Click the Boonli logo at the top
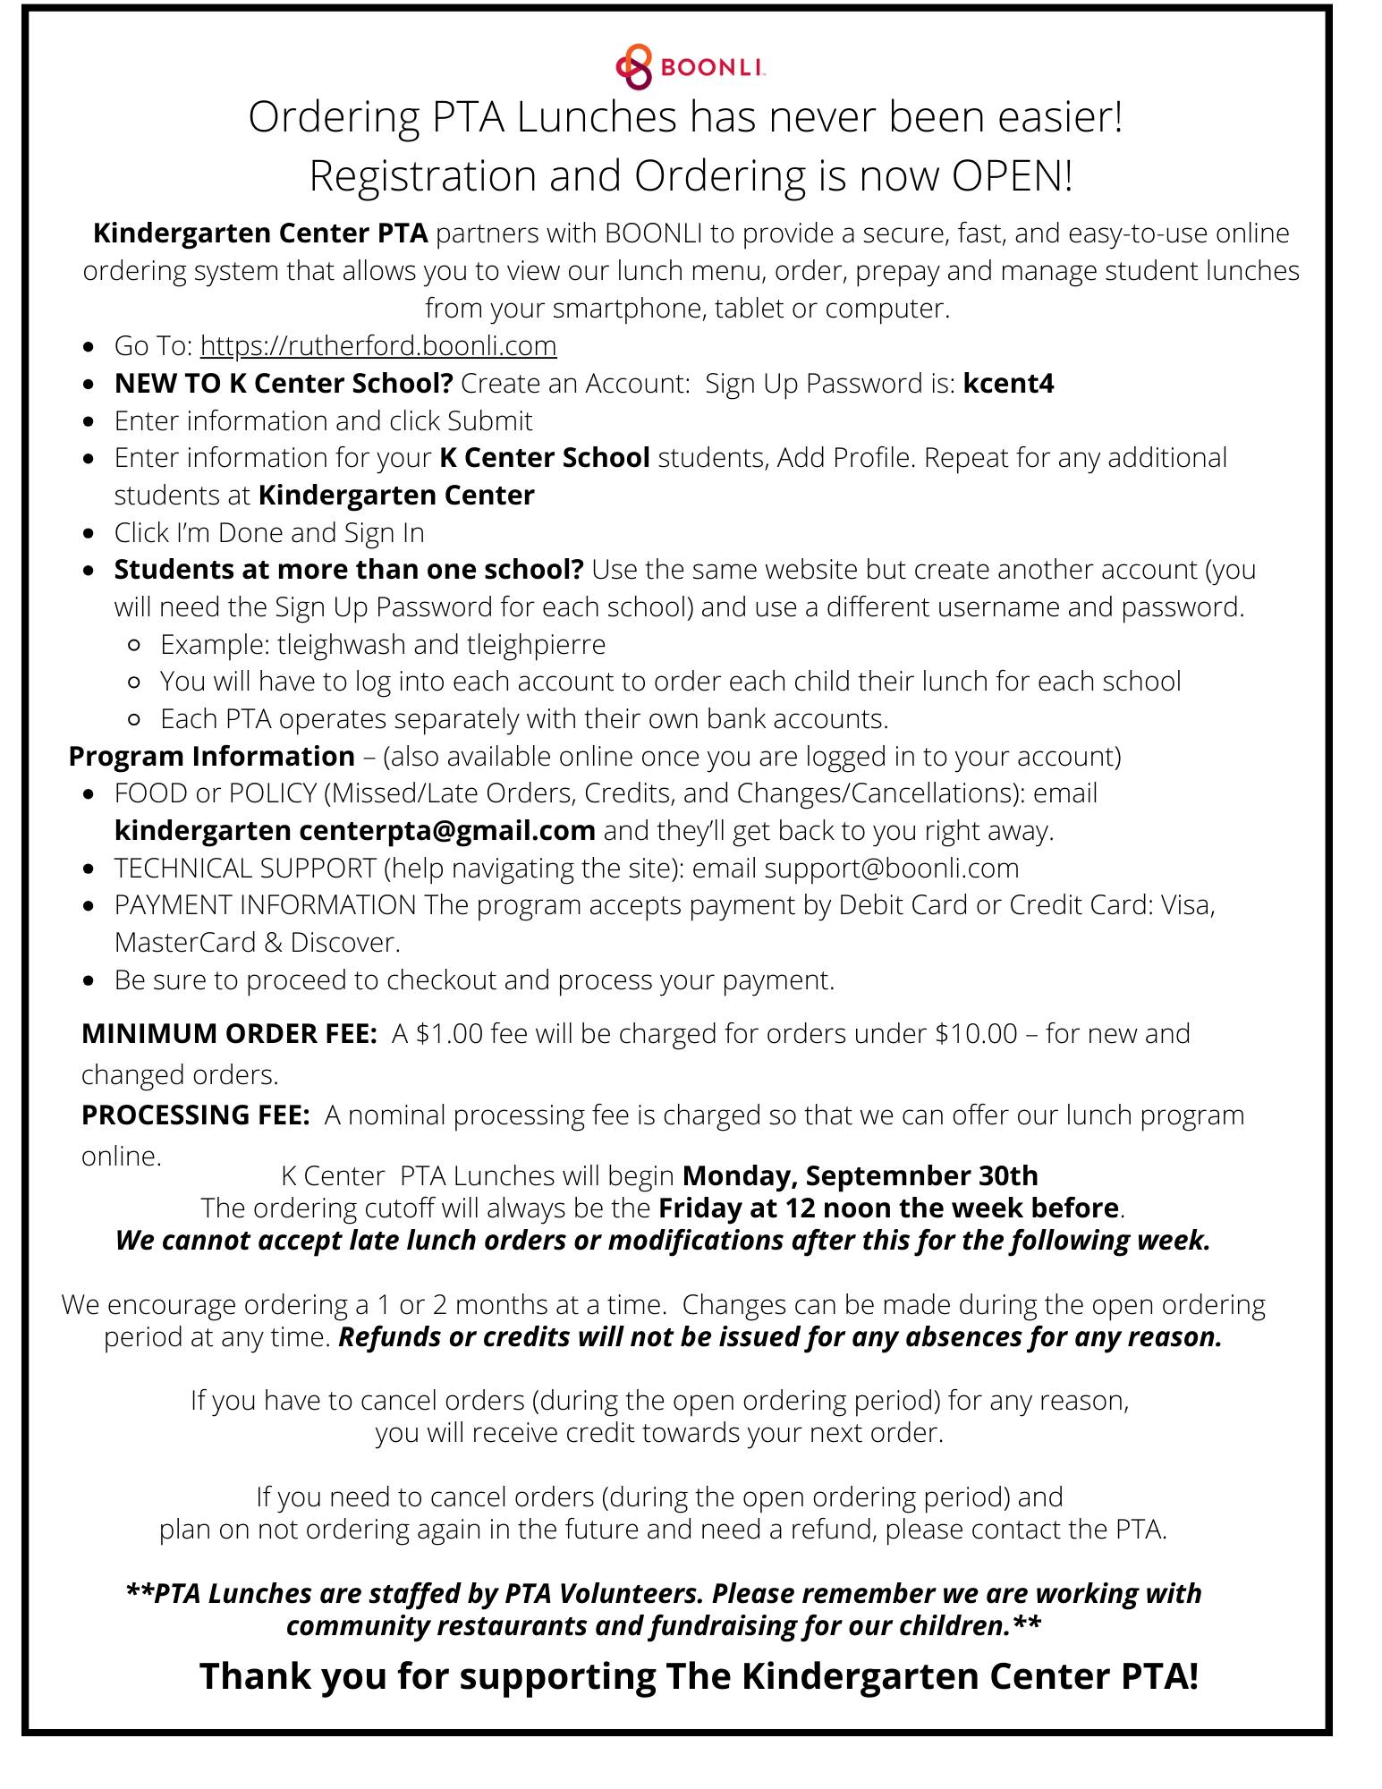pos(689,67)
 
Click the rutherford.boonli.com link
pos(377,345)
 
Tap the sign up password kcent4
pos(1008,384)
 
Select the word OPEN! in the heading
pos(1012,176)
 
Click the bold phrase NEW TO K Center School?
pos(284,384)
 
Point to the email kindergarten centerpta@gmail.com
pos(354,831)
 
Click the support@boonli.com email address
pos(891,868)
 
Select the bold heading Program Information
pos(211,757)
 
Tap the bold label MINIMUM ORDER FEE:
pos(229,1034)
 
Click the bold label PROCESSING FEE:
pos(195,1115)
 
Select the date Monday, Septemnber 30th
pos(860,1175)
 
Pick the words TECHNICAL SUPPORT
pos(245,869)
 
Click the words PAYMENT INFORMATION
pos(265,905)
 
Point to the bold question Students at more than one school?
pos(348,570)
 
